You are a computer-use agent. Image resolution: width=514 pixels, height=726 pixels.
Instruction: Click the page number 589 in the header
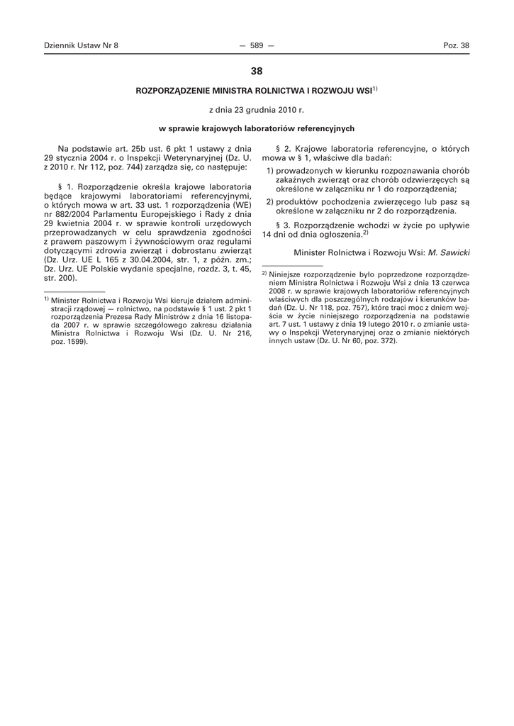[x=257, y=45]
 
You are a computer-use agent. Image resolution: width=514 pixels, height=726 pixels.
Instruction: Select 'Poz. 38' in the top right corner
[x=456, y=45]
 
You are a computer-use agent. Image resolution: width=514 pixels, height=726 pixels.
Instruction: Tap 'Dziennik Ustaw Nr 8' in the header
[x=81, y=45]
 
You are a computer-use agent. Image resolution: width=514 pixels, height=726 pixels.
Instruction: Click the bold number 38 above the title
[x=257, y=71]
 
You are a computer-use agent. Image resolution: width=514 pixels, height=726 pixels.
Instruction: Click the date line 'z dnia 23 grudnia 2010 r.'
[x=257, y=110]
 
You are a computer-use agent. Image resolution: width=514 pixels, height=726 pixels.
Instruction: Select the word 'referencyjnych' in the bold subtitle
[x=326, y=129]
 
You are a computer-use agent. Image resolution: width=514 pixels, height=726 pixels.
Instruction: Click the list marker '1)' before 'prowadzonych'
[x=271, y=171]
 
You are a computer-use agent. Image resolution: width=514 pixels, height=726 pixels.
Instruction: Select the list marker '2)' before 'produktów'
[x=271, y=202]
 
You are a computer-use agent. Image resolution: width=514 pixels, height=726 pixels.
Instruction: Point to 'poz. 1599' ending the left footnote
[x=68, y=341]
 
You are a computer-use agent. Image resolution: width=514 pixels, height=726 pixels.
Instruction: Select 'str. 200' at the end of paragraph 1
[x=60, y=278]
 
